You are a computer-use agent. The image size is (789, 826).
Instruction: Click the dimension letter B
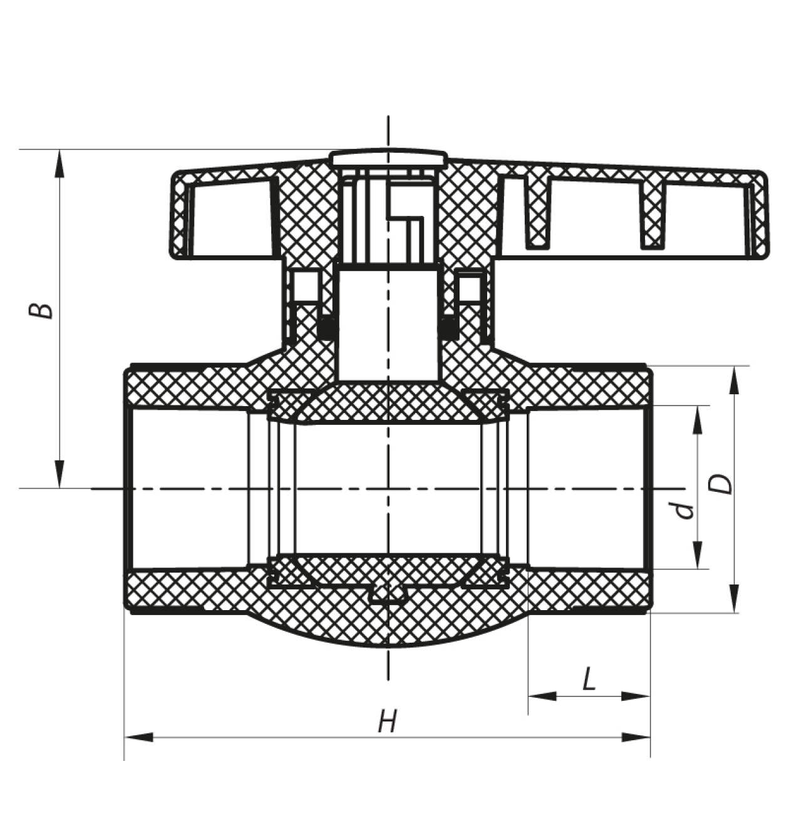41,310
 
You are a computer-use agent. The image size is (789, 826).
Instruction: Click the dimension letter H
387,721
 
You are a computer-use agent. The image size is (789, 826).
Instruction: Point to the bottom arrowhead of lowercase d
698,554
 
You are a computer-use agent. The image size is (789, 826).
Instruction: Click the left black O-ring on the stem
327,328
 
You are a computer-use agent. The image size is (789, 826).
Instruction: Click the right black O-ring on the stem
450,328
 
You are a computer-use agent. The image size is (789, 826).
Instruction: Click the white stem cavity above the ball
388,324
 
